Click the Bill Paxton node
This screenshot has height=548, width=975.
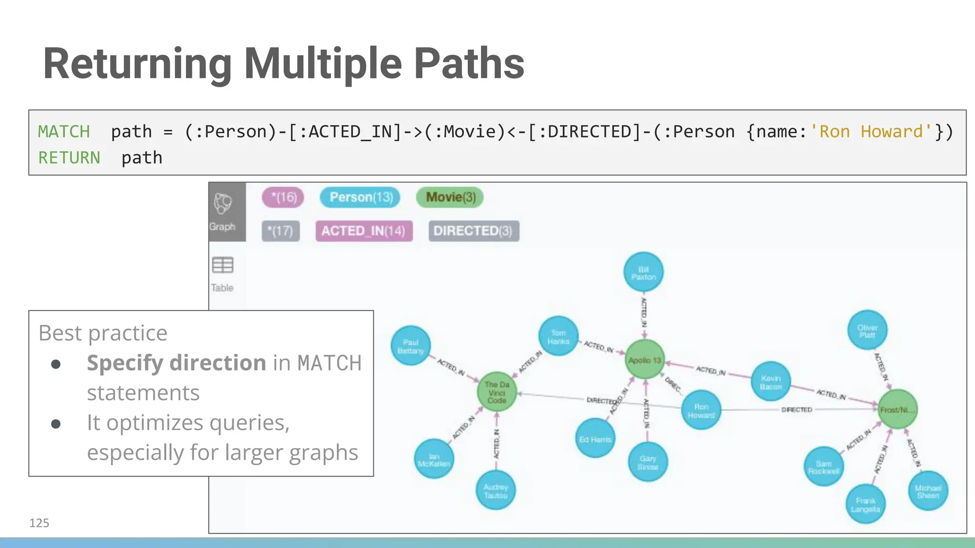644,272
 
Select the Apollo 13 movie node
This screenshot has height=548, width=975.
645,360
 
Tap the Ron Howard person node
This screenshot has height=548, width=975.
701,410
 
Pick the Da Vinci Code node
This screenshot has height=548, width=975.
497,392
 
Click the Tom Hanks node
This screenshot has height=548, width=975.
558,336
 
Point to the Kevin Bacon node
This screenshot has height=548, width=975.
771,382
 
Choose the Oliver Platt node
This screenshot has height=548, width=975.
867,331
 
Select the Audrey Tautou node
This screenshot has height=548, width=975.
496,490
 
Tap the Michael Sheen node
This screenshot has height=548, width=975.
928,491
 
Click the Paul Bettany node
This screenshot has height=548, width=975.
410,346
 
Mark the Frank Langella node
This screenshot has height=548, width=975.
865,504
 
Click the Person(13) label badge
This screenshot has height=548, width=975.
361,197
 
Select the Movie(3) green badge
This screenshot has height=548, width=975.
450,197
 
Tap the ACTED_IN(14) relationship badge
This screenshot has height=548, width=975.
364,231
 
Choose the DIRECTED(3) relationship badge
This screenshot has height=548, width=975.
473,231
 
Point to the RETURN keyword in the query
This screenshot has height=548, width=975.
69,158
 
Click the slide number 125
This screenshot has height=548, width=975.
39,523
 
